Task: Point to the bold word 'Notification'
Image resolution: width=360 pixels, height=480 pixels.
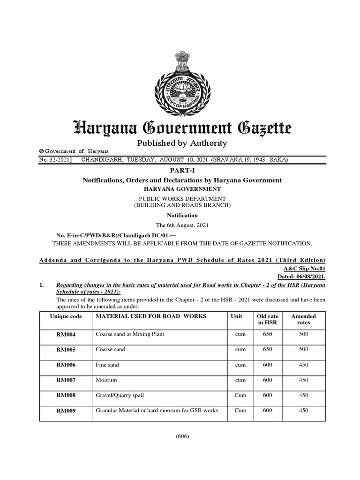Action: (x=180, y=215)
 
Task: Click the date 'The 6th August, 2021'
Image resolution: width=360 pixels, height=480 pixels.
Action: (x=180, y=225)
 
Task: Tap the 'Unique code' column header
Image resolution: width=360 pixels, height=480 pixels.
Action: (x=66, y=316)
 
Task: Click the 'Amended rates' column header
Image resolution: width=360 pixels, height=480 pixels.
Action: (x=303, y=320)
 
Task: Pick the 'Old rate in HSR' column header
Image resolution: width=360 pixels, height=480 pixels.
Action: (x=268, y=320)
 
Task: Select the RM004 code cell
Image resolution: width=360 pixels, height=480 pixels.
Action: (x=66, y=335)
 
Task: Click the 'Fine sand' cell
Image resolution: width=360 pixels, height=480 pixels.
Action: (x=107, y=365)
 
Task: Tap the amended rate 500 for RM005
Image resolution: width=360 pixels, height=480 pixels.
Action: (x=303, y=350)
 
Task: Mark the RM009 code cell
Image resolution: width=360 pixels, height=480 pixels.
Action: (x=66, y=411)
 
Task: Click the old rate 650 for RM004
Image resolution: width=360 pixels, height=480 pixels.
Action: (x=268, y=335)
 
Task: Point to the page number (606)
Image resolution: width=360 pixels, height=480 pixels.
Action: (x=182, y=436)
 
